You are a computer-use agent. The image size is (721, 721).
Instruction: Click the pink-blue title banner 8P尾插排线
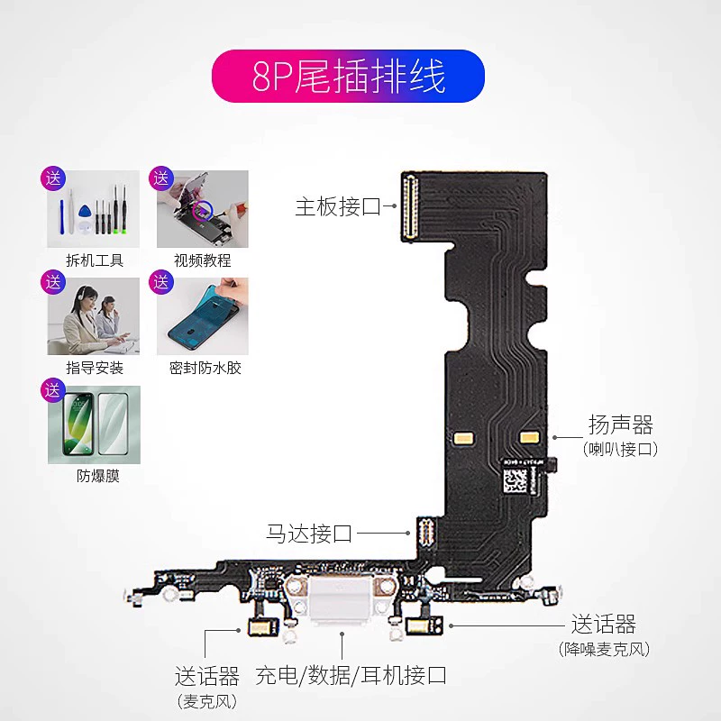[x=348, y=76]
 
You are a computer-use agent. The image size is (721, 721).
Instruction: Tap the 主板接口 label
[x=338, y=206]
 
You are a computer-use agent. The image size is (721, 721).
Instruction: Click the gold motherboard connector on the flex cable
[x=410, y=206]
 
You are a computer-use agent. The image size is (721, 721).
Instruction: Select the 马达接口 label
[x=309, y=534]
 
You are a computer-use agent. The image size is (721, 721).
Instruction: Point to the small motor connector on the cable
[x=425, y=534]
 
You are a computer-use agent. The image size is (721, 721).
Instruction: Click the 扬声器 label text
[x=621, y=424]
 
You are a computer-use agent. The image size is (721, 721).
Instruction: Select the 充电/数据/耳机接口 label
[x=351, y=675]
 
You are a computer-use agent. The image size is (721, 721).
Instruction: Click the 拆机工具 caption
[x=95, y=260]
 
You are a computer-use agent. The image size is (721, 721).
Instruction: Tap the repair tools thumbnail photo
[x=94, y=209]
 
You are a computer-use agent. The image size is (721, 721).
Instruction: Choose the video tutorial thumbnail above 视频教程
[x=202, y=209]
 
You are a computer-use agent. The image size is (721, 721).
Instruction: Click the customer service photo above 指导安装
[x=94, y=316]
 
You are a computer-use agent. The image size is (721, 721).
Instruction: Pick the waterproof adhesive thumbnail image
[x=202, y=316]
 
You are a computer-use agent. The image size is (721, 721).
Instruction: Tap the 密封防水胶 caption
[x=205, y=368]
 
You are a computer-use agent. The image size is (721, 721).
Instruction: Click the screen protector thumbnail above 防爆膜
[x=94, y=424]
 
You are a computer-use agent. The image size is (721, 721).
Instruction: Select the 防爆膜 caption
[x=98, y=476]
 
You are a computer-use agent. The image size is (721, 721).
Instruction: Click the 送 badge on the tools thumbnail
[x=53, y=178]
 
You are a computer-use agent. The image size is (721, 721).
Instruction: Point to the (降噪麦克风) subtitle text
[x=604, y=649]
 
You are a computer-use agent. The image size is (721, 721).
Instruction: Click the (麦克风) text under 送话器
[x=207, y=702]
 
